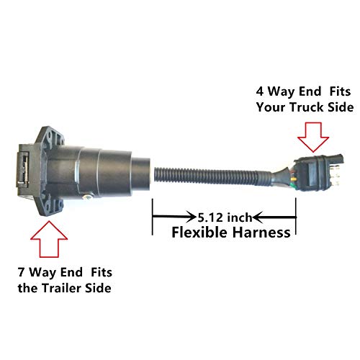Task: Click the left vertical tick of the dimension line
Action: coord(153,216)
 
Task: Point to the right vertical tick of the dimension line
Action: coord(295,216)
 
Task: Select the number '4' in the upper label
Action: coord(260,92)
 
